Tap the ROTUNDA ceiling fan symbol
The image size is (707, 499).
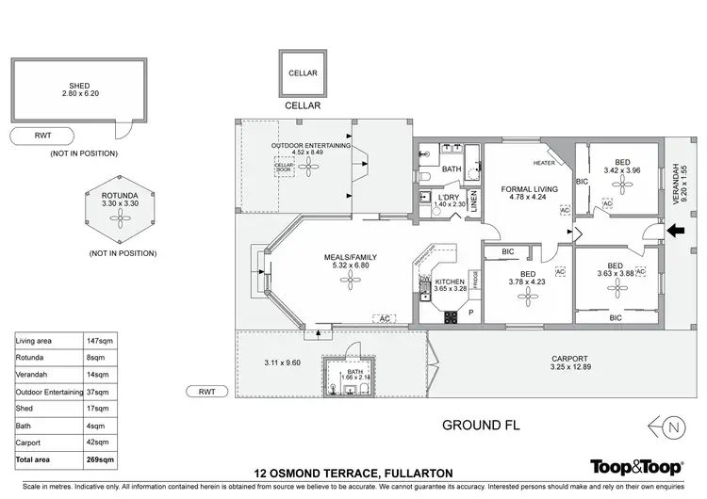coord(120,220)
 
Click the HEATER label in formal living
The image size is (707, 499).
coord(544,163)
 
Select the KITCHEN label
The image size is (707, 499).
coord(450,282)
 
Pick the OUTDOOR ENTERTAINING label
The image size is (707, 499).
coord(311,146)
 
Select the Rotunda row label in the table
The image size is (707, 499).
coord(30,358)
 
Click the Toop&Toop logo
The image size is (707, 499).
coord(636,466)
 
